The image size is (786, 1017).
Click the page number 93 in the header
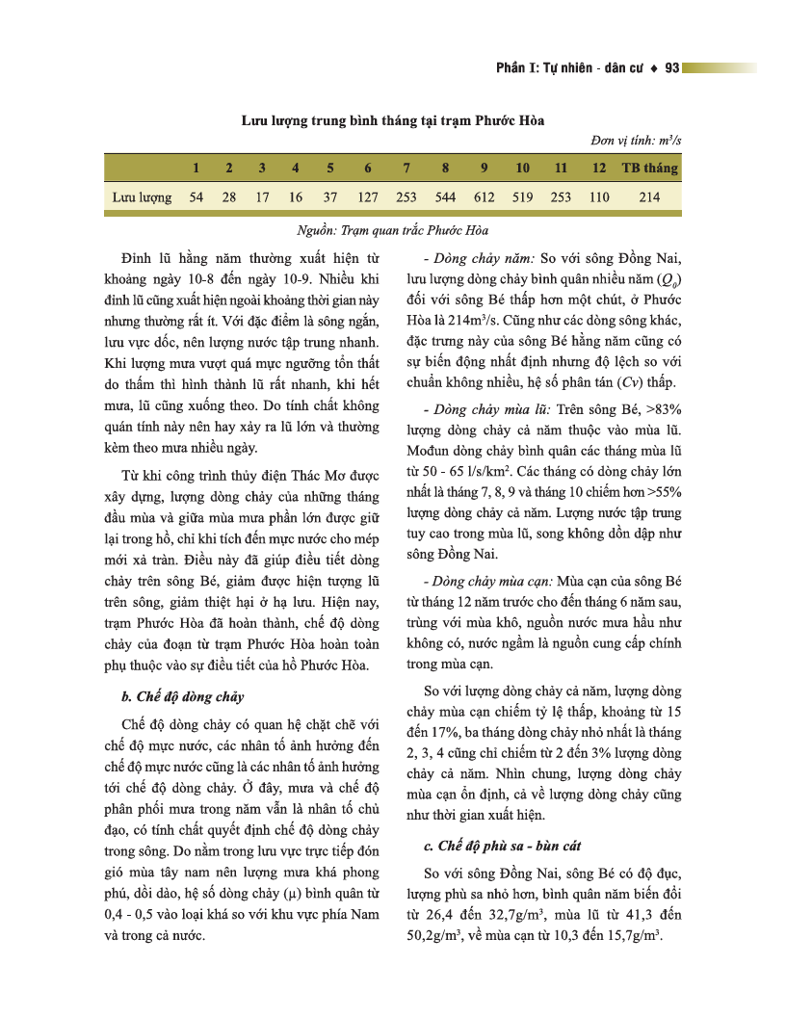(672, 67)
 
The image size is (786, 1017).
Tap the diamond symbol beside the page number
(655, 67)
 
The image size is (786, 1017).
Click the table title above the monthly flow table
(392, 120)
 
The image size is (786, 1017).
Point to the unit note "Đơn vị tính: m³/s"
(637, 142)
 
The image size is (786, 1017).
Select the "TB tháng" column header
(649, 168)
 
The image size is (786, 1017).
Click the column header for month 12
(599, 168)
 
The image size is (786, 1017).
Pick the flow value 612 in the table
(484, 197)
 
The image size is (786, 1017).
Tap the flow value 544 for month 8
(445, 197)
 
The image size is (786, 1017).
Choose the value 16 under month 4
(295, 197)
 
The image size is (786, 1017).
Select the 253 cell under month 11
(561, 197)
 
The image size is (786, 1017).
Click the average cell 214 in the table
(649, 197)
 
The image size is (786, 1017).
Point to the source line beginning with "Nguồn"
(392, 231)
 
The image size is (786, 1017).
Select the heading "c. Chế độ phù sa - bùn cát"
(502, 847)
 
